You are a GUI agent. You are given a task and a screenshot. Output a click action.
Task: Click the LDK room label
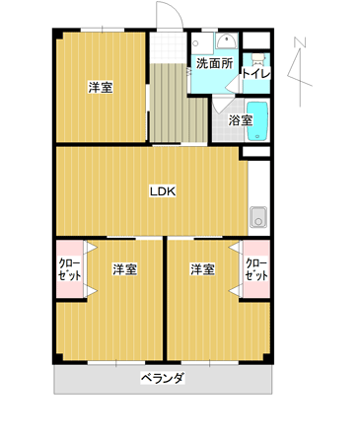tap(163, 191)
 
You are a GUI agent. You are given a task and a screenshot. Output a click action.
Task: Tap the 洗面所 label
tap(214, 63)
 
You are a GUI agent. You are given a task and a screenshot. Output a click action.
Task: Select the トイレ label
tap(256, 74)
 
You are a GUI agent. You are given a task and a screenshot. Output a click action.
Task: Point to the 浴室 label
tap(241, 120)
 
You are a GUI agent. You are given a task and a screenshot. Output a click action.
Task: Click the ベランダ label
tap(163, 378)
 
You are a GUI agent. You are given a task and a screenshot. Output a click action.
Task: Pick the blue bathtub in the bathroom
tap(257, 121)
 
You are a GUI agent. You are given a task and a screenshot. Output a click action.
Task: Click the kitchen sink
tap(258, 217)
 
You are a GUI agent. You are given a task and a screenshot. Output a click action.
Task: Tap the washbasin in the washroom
tap(226, 41)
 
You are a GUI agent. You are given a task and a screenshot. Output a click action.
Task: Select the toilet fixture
tap(257, 58)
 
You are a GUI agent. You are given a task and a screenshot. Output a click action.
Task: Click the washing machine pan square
tap(202, 43)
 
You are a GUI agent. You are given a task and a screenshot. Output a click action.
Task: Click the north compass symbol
tap(300, 72)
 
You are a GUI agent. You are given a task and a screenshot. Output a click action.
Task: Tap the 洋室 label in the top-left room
tap(101, 88)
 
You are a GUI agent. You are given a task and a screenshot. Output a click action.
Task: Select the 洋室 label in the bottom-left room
tap(124, 269)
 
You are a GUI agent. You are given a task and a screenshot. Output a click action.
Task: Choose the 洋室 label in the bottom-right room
tap(202, 269)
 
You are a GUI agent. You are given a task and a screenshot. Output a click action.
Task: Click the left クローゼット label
tap(69, 269)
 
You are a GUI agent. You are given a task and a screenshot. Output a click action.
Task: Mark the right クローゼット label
tap(256, 269)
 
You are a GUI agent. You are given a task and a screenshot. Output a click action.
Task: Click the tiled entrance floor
tap(169, 47)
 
